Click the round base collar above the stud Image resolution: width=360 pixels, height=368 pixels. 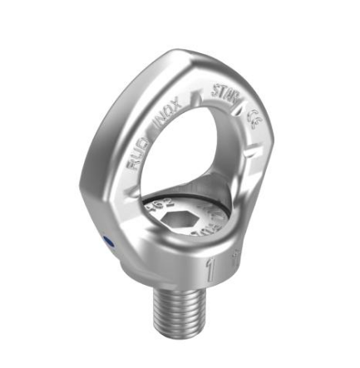(x=166, y=270)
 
